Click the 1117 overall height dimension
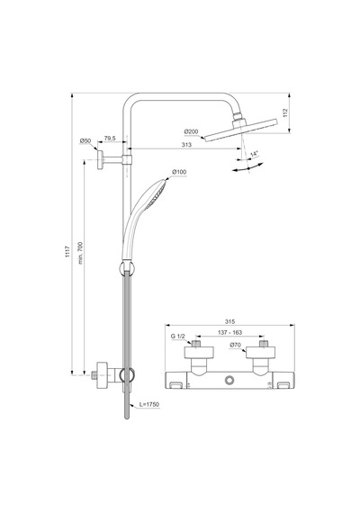point(67,252)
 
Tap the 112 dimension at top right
point(285,112)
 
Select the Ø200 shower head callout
point(191,131)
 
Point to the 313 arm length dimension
point(186,145)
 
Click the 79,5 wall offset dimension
point(110,139)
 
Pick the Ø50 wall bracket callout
point(85,141)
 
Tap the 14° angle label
point(255,153)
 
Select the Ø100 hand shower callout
point(179,172)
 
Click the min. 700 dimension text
point(80,253)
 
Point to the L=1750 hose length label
point(149,404)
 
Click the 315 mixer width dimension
point(230,322)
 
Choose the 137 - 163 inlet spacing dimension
point(230,332)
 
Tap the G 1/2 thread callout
point(178,336)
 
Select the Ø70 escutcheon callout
point(235,345)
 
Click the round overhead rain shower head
point(241,130)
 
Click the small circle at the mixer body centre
point(229,381)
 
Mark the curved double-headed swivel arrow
point(247,168)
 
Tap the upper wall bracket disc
point(100,159)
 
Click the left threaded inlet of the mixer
point(196,344)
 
